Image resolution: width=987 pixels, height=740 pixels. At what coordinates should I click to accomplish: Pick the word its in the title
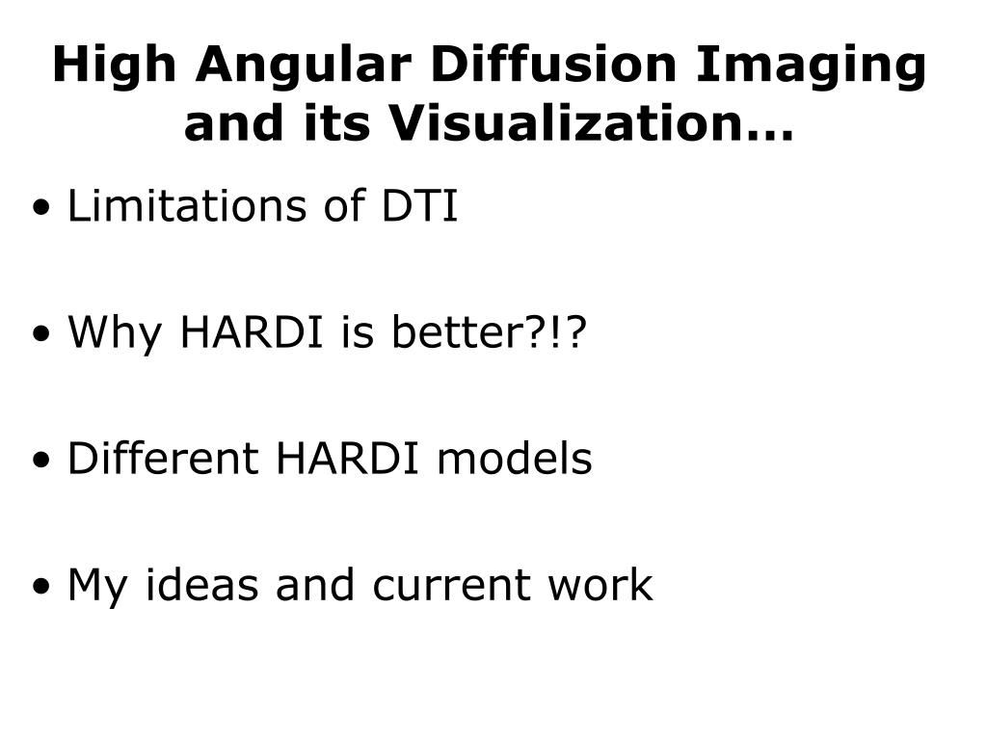tap(336, 122)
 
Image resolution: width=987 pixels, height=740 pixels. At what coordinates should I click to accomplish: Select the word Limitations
tap(187, 205)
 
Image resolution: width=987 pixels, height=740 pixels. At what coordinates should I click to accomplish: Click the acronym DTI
tap(420, 205)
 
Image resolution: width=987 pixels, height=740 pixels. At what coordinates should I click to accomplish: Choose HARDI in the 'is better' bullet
tap(252, 331)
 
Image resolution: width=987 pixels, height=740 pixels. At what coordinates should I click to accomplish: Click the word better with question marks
tap(490, 331)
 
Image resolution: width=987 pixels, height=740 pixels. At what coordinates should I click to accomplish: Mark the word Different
tap(163, 458)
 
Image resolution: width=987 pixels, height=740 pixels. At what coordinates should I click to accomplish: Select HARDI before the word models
tap(347, 458)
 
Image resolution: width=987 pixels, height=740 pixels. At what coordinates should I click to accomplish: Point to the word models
tap(515, 458)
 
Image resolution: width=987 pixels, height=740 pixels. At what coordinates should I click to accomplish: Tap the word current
tap(451, 585)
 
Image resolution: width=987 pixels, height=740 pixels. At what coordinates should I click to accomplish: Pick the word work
tap(600, 584)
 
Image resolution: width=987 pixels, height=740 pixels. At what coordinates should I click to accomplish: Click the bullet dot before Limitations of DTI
tap(41, 207)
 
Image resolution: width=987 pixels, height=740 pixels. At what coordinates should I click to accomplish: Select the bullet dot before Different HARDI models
tap(41, 460)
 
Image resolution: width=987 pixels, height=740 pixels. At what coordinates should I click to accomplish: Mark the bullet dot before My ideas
tap(41, 587)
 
